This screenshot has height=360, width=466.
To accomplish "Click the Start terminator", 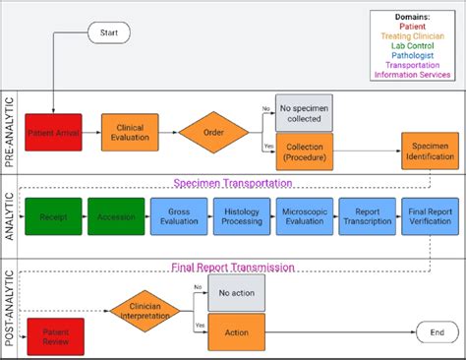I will click(x=108, y=33).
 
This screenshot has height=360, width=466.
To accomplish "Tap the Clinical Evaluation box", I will click(x=130, y=132).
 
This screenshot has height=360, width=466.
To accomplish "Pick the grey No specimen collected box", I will click(x=304, y=113).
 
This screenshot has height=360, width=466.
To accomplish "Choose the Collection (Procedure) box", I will click(x=304, y=151).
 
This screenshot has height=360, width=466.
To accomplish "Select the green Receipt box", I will click(x=53, y=215).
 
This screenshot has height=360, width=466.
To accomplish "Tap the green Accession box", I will click(x=116, y=215).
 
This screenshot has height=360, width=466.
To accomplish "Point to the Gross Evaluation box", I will click(x=178, y=215).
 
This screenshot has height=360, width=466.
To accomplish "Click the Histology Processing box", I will click(x=241, y=215).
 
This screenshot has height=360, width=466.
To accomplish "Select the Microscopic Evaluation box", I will click(x=304, y=215).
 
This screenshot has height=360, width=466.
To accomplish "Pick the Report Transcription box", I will click(x=367, y=215).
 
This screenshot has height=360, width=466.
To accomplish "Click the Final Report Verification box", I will click(x=430, y=215).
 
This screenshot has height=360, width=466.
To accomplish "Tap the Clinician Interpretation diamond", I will click(x=145, y=310).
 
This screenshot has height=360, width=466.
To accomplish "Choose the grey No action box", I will click(x=236, y=293).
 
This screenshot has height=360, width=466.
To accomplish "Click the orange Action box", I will click(x=236, y=332).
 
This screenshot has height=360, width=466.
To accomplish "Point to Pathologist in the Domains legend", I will click(x=411, y=54).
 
